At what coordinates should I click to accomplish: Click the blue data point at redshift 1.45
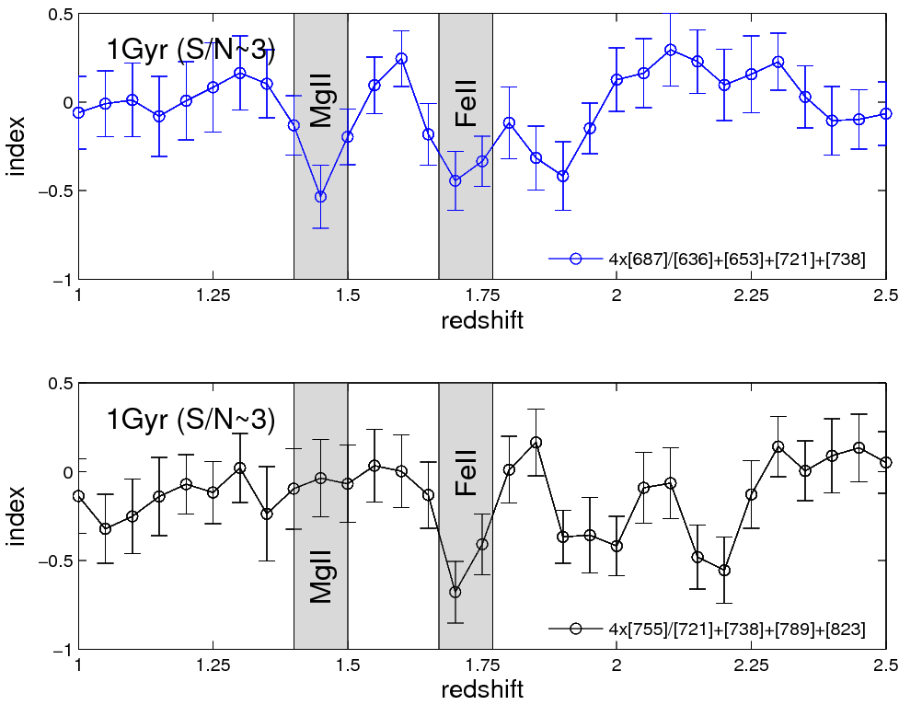pyautogui.click(x=320, y=197)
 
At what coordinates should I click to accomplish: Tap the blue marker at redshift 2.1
pyautogui.click(x=671, y=50)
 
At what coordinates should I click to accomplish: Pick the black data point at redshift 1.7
pyautogui.click(x=455, y=592)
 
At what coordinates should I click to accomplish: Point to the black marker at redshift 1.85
pyautogui.click(x=536, y=443)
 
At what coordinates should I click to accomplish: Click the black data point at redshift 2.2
pyautogui.click(x=724, y=571)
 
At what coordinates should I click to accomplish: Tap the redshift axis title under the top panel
pyautogui.click(x=482, y=318)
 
